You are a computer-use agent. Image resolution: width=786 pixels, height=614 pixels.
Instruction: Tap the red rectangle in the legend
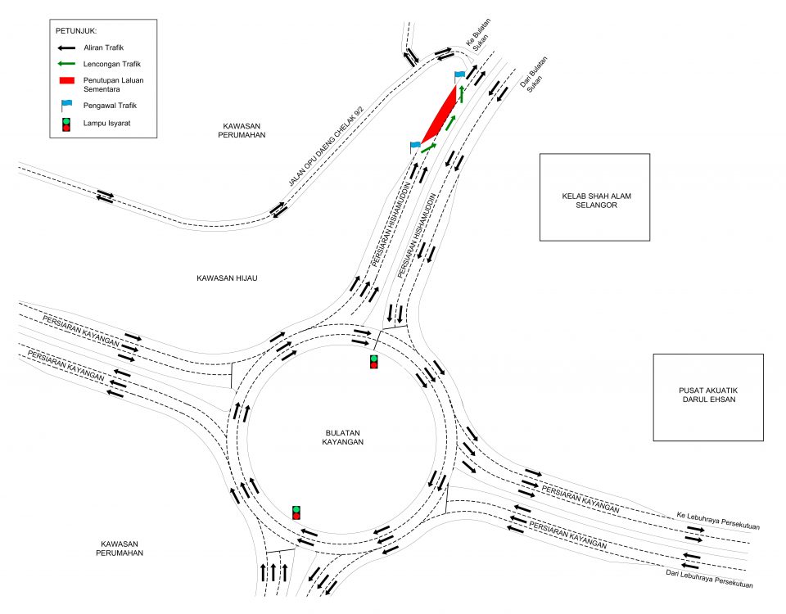pos(66,80)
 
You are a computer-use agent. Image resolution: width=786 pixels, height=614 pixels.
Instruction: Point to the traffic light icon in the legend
pos(66,124)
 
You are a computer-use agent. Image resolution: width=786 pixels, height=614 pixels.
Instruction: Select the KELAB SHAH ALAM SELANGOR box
pos(594,197)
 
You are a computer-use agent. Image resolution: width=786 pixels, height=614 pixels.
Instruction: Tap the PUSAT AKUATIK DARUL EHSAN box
pos(708,397)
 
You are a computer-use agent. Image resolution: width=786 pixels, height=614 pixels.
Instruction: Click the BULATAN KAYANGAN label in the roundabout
pos(342,436)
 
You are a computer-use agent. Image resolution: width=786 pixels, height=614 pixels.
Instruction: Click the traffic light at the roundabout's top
pos(374,361)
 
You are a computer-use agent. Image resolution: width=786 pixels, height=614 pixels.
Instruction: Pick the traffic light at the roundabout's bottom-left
pos(296,512)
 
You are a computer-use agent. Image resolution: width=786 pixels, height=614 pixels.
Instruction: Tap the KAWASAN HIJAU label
pos(228,278)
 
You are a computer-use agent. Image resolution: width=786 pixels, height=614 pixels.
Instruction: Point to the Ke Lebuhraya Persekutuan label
pos(718,521)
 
